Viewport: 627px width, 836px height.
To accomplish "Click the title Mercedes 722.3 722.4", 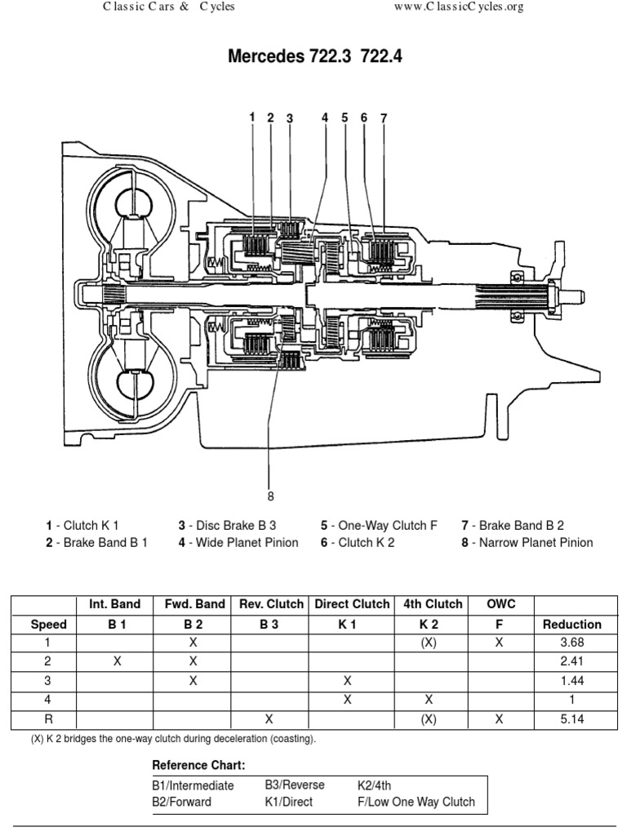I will pos(315,58).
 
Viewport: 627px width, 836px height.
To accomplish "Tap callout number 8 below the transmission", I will pos(270,496).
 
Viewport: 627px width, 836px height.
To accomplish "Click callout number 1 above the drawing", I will pos(252,118).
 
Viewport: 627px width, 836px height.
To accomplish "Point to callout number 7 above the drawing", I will pos(383,118).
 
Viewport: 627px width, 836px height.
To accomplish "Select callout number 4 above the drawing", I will pos(324,118).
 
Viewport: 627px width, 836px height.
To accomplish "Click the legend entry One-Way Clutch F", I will pos(379,526).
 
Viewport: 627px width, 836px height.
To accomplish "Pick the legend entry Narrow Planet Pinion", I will pos(527,542).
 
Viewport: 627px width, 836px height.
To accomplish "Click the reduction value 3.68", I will pos(572,643).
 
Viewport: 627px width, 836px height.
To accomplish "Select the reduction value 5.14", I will pos(572,719).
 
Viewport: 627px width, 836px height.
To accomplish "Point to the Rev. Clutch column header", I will pos(270,604).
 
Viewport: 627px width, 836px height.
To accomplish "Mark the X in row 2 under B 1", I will pos(117,662).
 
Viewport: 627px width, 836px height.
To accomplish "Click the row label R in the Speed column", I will pos(48,719).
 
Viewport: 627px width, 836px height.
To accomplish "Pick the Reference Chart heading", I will pos(198,765).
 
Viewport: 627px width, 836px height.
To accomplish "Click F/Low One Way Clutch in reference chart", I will pos(416,801).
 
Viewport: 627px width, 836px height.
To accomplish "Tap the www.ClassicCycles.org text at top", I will pos(458,7).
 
